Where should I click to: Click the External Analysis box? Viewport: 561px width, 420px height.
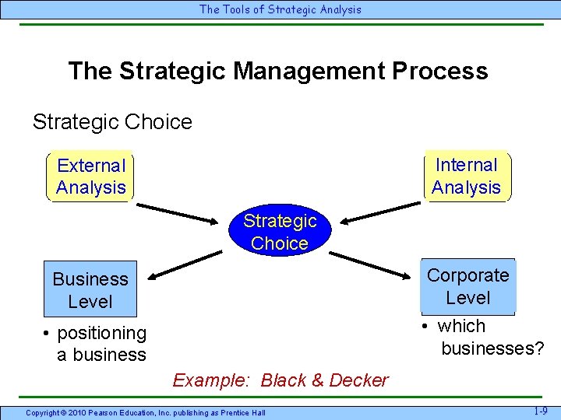[90, 177]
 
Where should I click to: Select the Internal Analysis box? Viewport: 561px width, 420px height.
[466, 176]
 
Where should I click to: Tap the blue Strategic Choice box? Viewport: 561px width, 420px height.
[280, 232]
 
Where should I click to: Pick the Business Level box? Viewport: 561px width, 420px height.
[90, 290]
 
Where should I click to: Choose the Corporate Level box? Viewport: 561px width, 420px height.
[467, 286]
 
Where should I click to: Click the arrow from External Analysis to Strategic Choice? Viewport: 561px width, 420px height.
[179, 213]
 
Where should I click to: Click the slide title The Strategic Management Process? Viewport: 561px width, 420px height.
[278, 72]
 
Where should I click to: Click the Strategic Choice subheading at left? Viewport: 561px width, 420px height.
[112, 122]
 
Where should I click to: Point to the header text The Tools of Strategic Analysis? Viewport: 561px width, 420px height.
[280, 10]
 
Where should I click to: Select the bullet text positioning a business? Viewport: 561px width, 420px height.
[96, 344]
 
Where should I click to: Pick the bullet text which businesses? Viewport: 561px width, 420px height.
[483, 338]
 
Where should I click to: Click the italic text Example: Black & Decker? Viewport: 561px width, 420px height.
[280, 380]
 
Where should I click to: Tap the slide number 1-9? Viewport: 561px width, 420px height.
[539, 411]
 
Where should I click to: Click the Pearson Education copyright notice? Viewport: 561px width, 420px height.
[146, 412]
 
